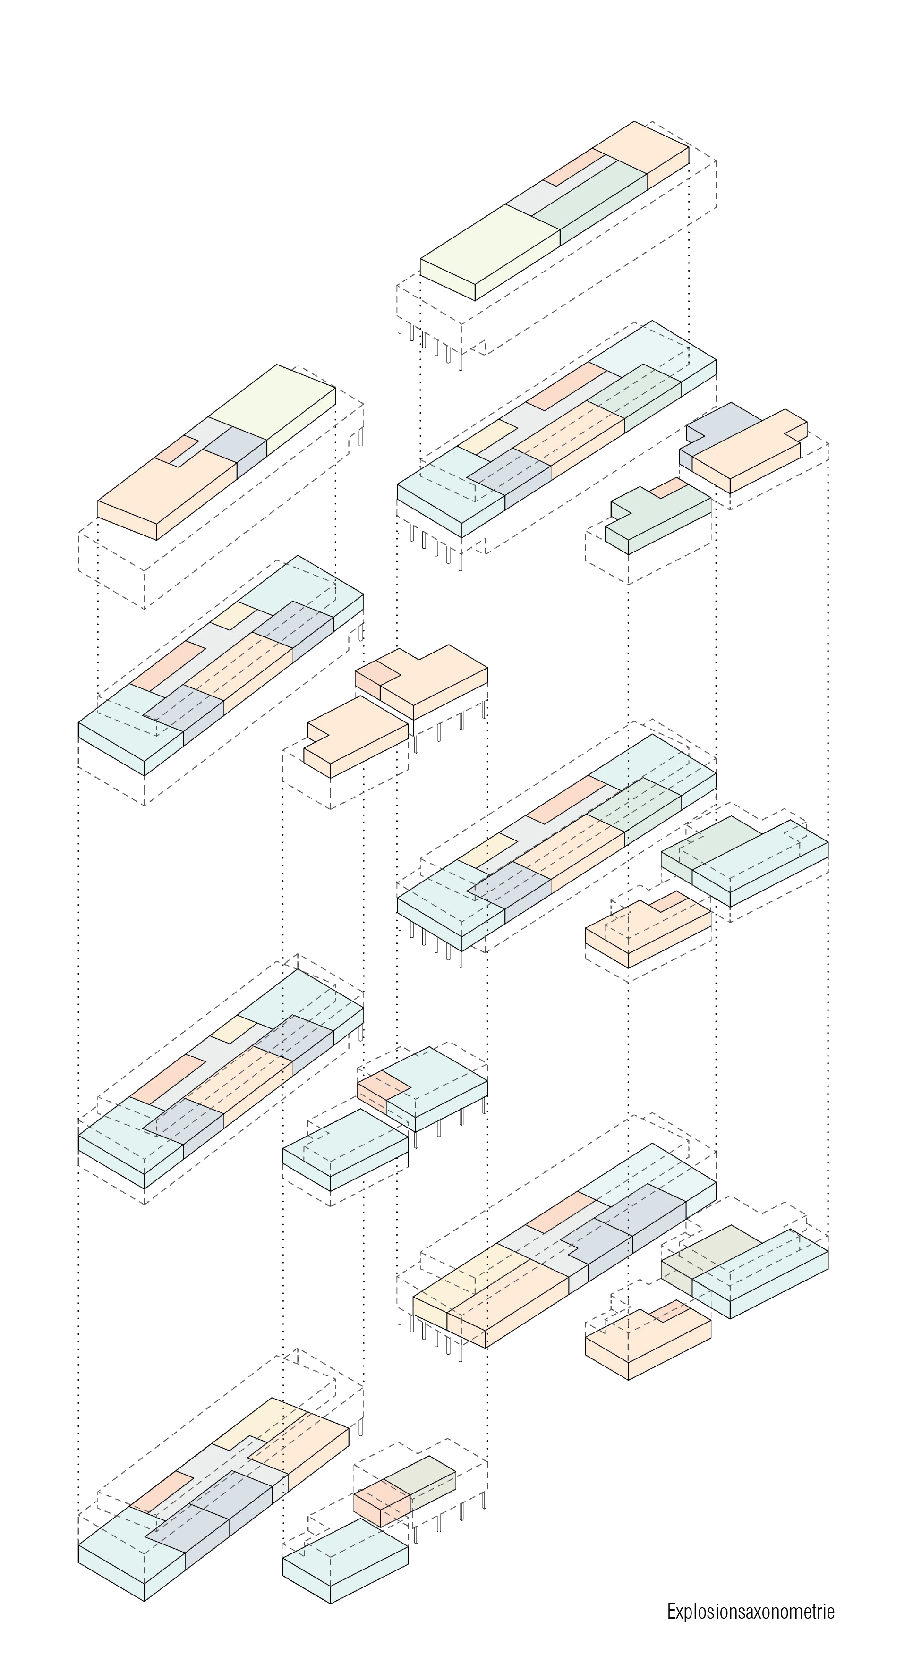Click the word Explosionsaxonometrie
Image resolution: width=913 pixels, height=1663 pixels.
point(751,1612)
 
